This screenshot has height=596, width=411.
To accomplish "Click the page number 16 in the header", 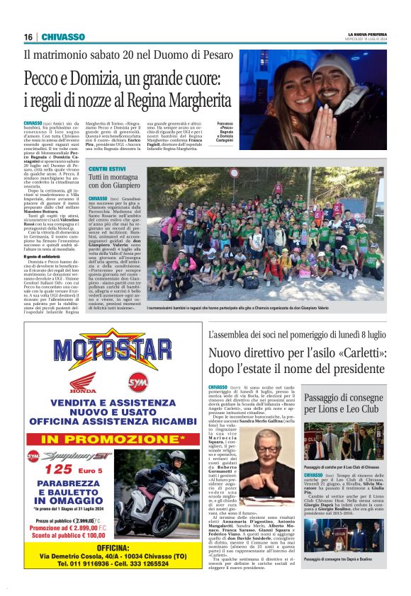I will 28,37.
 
